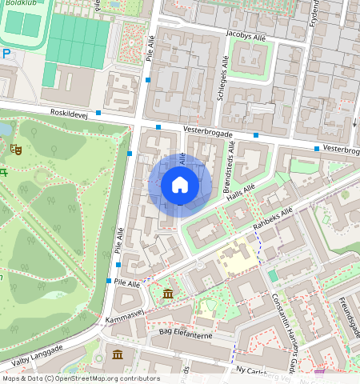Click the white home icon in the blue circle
(x=180, y=185)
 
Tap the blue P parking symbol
(x=6, y=54)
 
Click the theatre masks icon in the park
(x=15, y=148)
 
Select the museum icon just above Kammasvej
(x=167, y=295)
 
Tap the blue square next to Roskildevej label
(x=98, y=114)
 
